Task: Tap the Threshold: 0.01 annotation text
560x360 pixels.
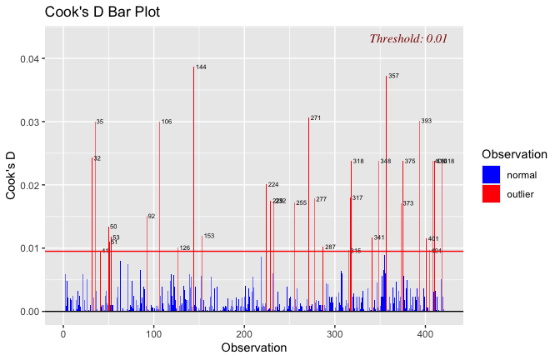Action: [x=408, y=38]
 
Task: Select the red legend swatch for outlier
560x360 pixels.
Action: [x=492, y=193]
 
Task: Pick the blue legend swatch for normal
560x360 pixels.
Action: [x=492, y=175]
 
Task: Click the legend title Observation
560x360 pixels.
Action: [x=514, y=154]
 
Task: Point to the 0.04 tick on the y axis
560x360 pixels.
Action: [x=30, y=59]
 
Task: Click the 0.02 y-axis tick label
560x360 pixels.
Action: [x=30, y=185]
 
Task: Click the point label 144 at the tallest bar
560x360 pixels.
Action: [x=201, y=67]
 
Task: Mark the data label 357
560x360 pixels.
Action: [x=393, y=76]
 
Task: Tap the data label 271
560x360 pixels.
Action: [x=315, y=118]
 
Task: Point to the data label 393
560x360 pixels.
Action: [x=426, y=121]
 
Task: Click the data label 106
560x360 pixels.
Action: [x=167, y=122]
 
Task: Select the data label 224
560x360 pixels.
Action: [x=273, y=184]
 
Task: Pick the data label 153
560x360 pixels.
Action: [x=209, y=236]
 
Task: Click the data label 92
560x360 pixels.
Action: [x=152, y=217]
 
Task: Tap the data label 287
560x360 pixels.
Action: [x=330, y=247]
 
